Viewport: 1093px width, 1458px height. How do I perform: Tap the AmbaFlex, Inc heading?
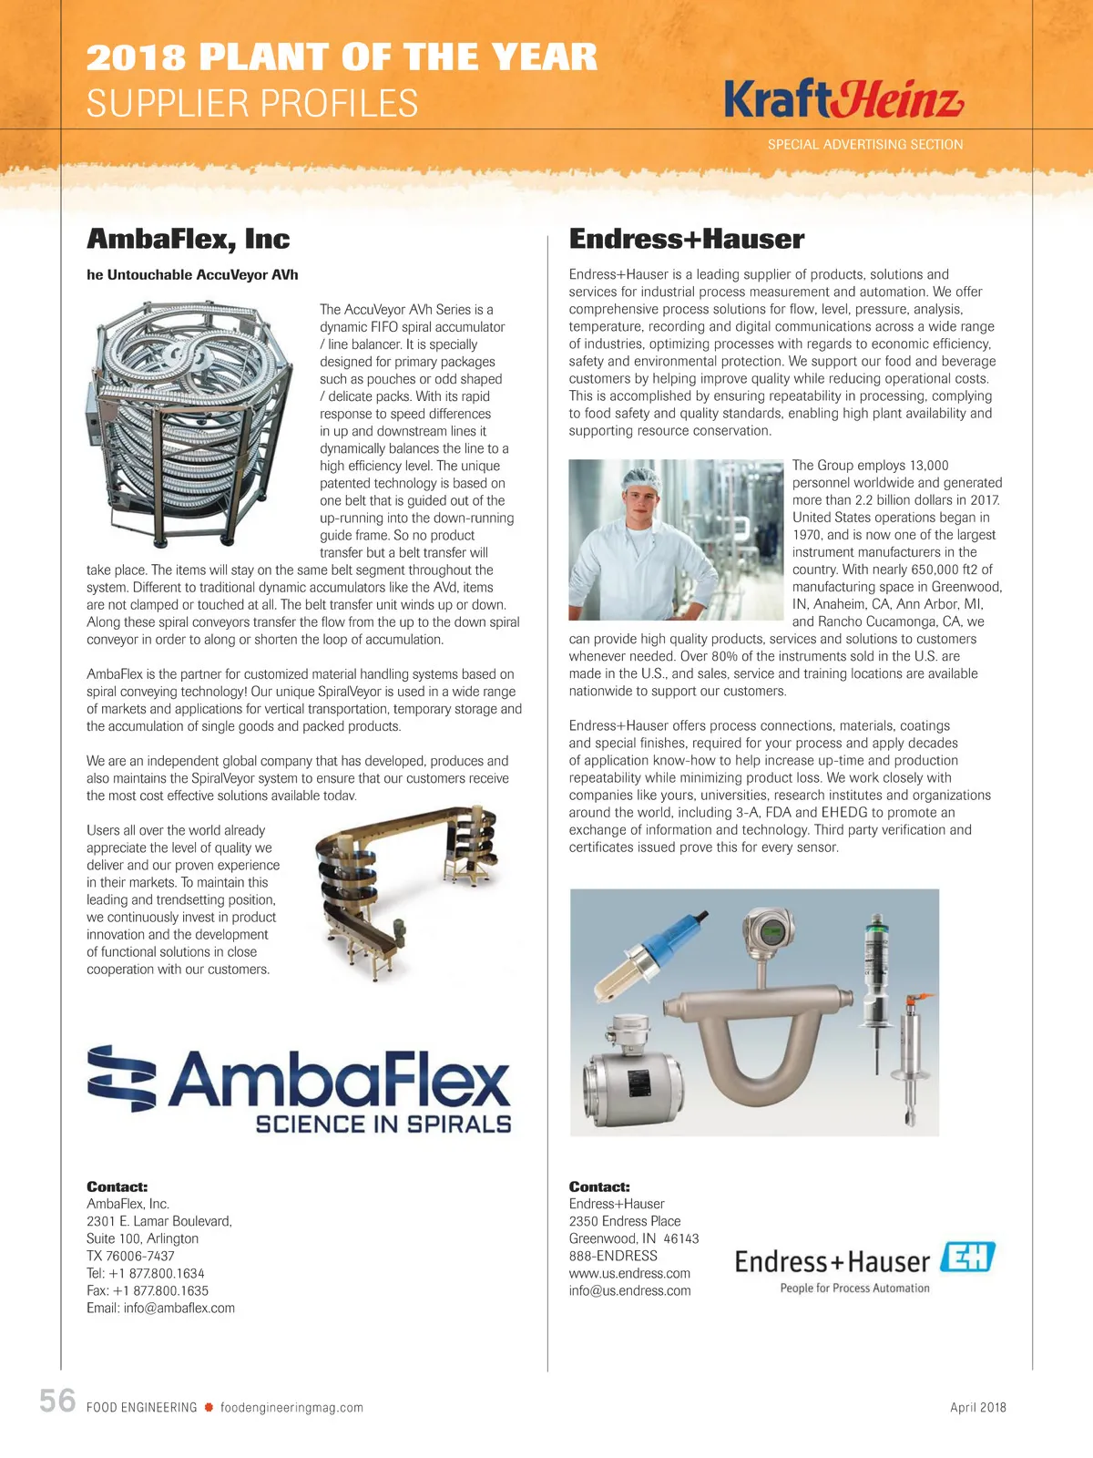pyautogui.click(x=188, y=239)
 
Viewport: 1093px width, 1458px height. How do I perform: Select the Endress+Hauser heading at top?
pyautogui.click(x=686, y=239)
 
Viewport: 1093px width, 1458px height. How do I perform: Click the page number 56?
pyautogui.click(x=57, y=1401)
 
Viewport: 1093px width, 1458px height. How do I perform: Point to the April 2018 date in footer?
pyautogui.click(x=977, y=1407)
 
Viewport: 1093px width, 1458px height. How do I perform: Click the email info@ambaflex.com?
pyautogui.click(x=160, y=1308)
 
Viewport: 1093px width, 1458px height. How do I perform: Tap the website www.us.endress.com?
pyautogui.click(x=629, y=1273)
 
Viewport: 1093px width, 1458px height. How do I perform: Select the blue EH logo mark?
pyautogui.click(x=967, y=1258)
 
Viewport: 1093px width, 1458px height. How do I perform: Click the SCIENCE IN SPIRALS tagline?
pyautogui.click(x=383, y=1124)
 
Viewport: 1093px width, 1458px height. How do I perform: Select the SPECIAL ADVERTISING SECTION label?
pyautogui.click(x=864, y=144)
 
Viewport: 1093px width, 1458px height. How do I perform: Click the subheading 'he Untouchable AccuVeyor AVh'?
pyautogui.click(x=192, y=274)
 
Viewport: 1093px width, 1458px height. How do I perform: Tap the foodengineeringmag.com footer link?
pyautogui.click(x=291, y=1408)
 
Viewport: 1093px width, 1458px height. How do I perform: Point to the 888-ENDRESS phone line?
pyautogui.click(x=612, y=1256)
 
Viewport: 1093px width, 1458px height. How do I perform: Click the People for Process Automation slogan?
pyautogui.click(x=854, y=1289)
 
